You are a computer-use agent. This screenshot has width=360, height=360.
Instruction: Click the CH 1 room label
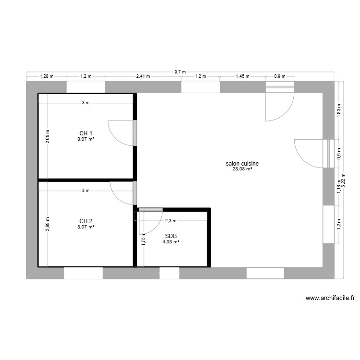[x=85, y=133]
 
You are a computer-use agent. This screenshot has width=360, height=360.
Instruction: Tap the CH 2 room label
[x=85, y=221]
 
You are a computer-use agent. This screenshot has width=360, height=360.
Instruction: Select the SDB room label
[x=171, y=236]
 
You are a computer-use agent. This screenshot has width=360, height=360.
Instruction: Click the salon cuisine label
[x=242, y=164]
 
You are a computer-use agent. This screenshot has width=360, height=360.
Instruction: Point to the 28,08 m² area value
[x=242, y=169]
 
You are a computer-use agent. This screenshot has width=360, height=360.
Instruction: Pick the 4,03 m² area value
[x=171, y=241]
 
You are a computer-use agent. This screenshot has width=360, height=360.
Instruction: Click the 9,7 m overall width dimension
[x=180, y=72]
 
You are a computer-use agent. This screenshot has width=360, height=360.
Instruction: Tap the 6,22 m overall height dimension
[x=344, y=180]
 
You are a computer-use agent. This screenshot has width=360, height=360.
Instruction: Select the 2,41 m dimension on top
[x=143, y=76]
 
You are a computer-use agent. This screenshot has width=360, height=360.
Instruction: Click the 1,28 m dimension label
[x=47, y=76]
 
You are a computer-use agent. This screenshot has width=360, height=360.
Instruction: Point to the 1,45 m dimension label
[x=242, y=76]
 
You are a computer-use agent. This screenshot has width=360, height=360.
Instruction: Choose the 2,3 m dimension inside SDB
[x=171, y=221]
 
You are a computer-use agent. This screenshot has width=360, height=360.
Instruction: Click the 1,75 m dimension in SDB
[x=144, y=239]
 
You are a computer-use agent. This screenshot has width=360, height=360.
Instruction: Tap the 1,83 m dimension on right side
[x=339, y=110]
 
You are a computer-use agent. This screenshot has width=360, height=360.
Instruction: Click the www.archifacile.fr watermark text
[x=330, y=298]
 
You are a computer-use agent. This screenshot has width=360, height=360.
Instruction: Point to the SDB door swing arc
[x=156, y=228]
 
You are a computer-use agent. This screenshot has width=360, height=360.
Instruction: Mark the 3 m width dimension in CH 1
[x=85, y=103]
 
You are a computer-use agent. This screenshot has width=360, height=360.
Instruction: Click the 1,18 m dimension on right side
[x=339, y=186]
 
